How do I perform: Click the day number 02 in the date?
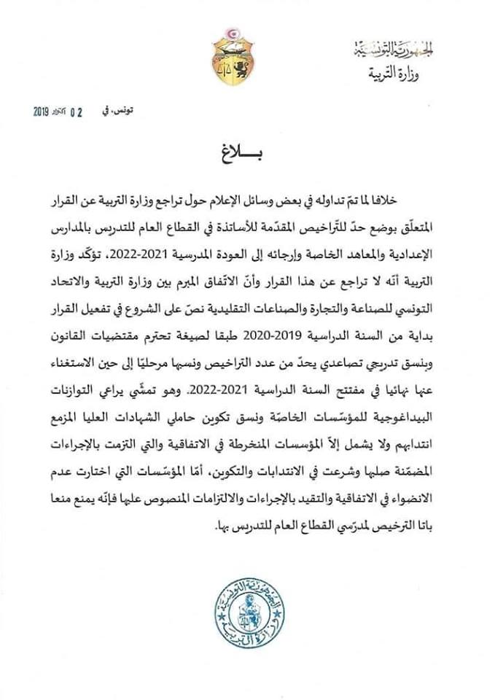click(x=76, y=112)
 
